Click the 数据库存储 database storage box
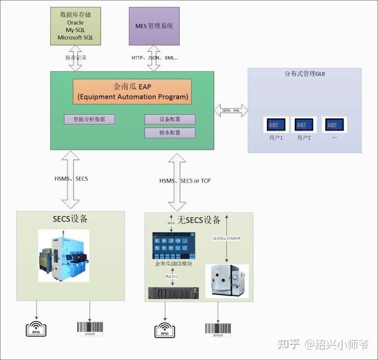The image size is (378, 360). click(x=75, y=26)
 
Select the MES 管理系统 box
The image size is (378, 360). click(x=154, y=26)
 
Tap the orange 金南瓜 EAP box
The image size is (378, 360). click(x=132, y=92)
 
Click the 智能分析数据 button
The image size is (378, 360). click(x=89, y=119)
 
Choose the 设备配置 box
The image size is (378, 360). click(x=170, y=119)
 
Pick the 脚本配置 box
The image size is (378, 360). click(x=170, y=133)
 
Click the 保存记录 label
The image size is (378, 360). click(x=76, y=58)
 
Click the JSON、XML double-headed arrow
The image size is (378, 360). click(x=231, y=110)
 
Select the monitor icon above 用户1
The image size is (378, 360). click(x=276, y=125)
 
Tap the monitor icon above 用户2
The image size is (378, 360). click(x=304, y=125)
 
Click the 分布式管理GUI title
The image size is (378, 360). click(x=305, y=74)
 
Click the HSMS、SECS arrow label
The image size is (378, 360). click(x=71, y=178)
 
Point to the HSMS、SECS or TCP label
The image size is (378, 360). click(x=185, y=181)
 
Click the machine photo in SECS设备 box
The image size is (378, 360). click(x=64, y=256)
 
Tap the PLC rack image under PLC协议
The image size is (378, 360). click(x=173, y=293)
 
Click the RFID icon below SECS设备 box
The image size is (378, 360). click(x=36, y=328)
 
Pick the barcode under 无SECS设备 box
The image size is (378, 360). click(x=218, y=329)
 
